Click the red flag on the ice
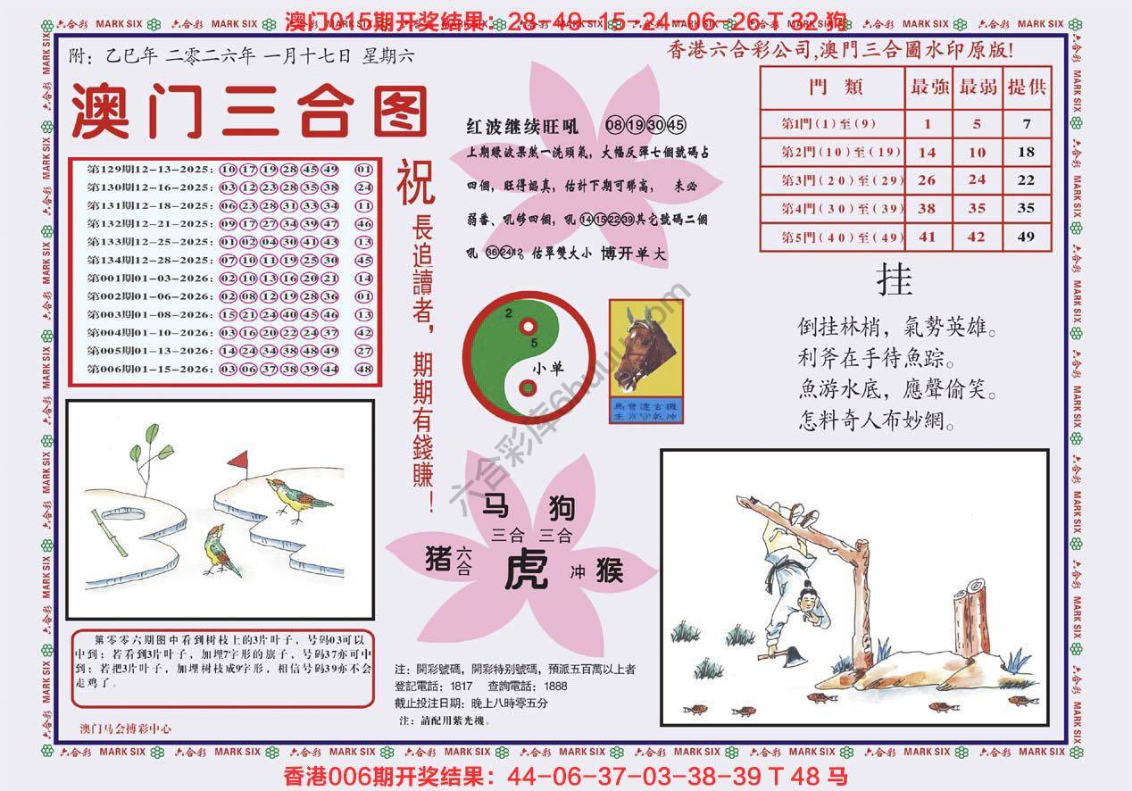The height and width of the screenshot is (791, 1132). point(237,462)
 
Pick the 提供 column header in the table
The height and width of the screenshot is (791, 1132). point(1027,87)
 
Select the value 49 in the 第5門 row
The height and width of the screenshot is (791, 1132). point(1026,237)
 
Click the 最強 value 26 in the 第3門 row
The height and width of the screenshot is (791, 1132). point(928,179)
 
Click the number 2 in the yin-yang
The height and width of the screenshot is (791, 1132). point(508,313)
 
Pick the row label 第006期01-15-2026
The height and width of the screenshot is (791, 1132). point(149,369)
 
